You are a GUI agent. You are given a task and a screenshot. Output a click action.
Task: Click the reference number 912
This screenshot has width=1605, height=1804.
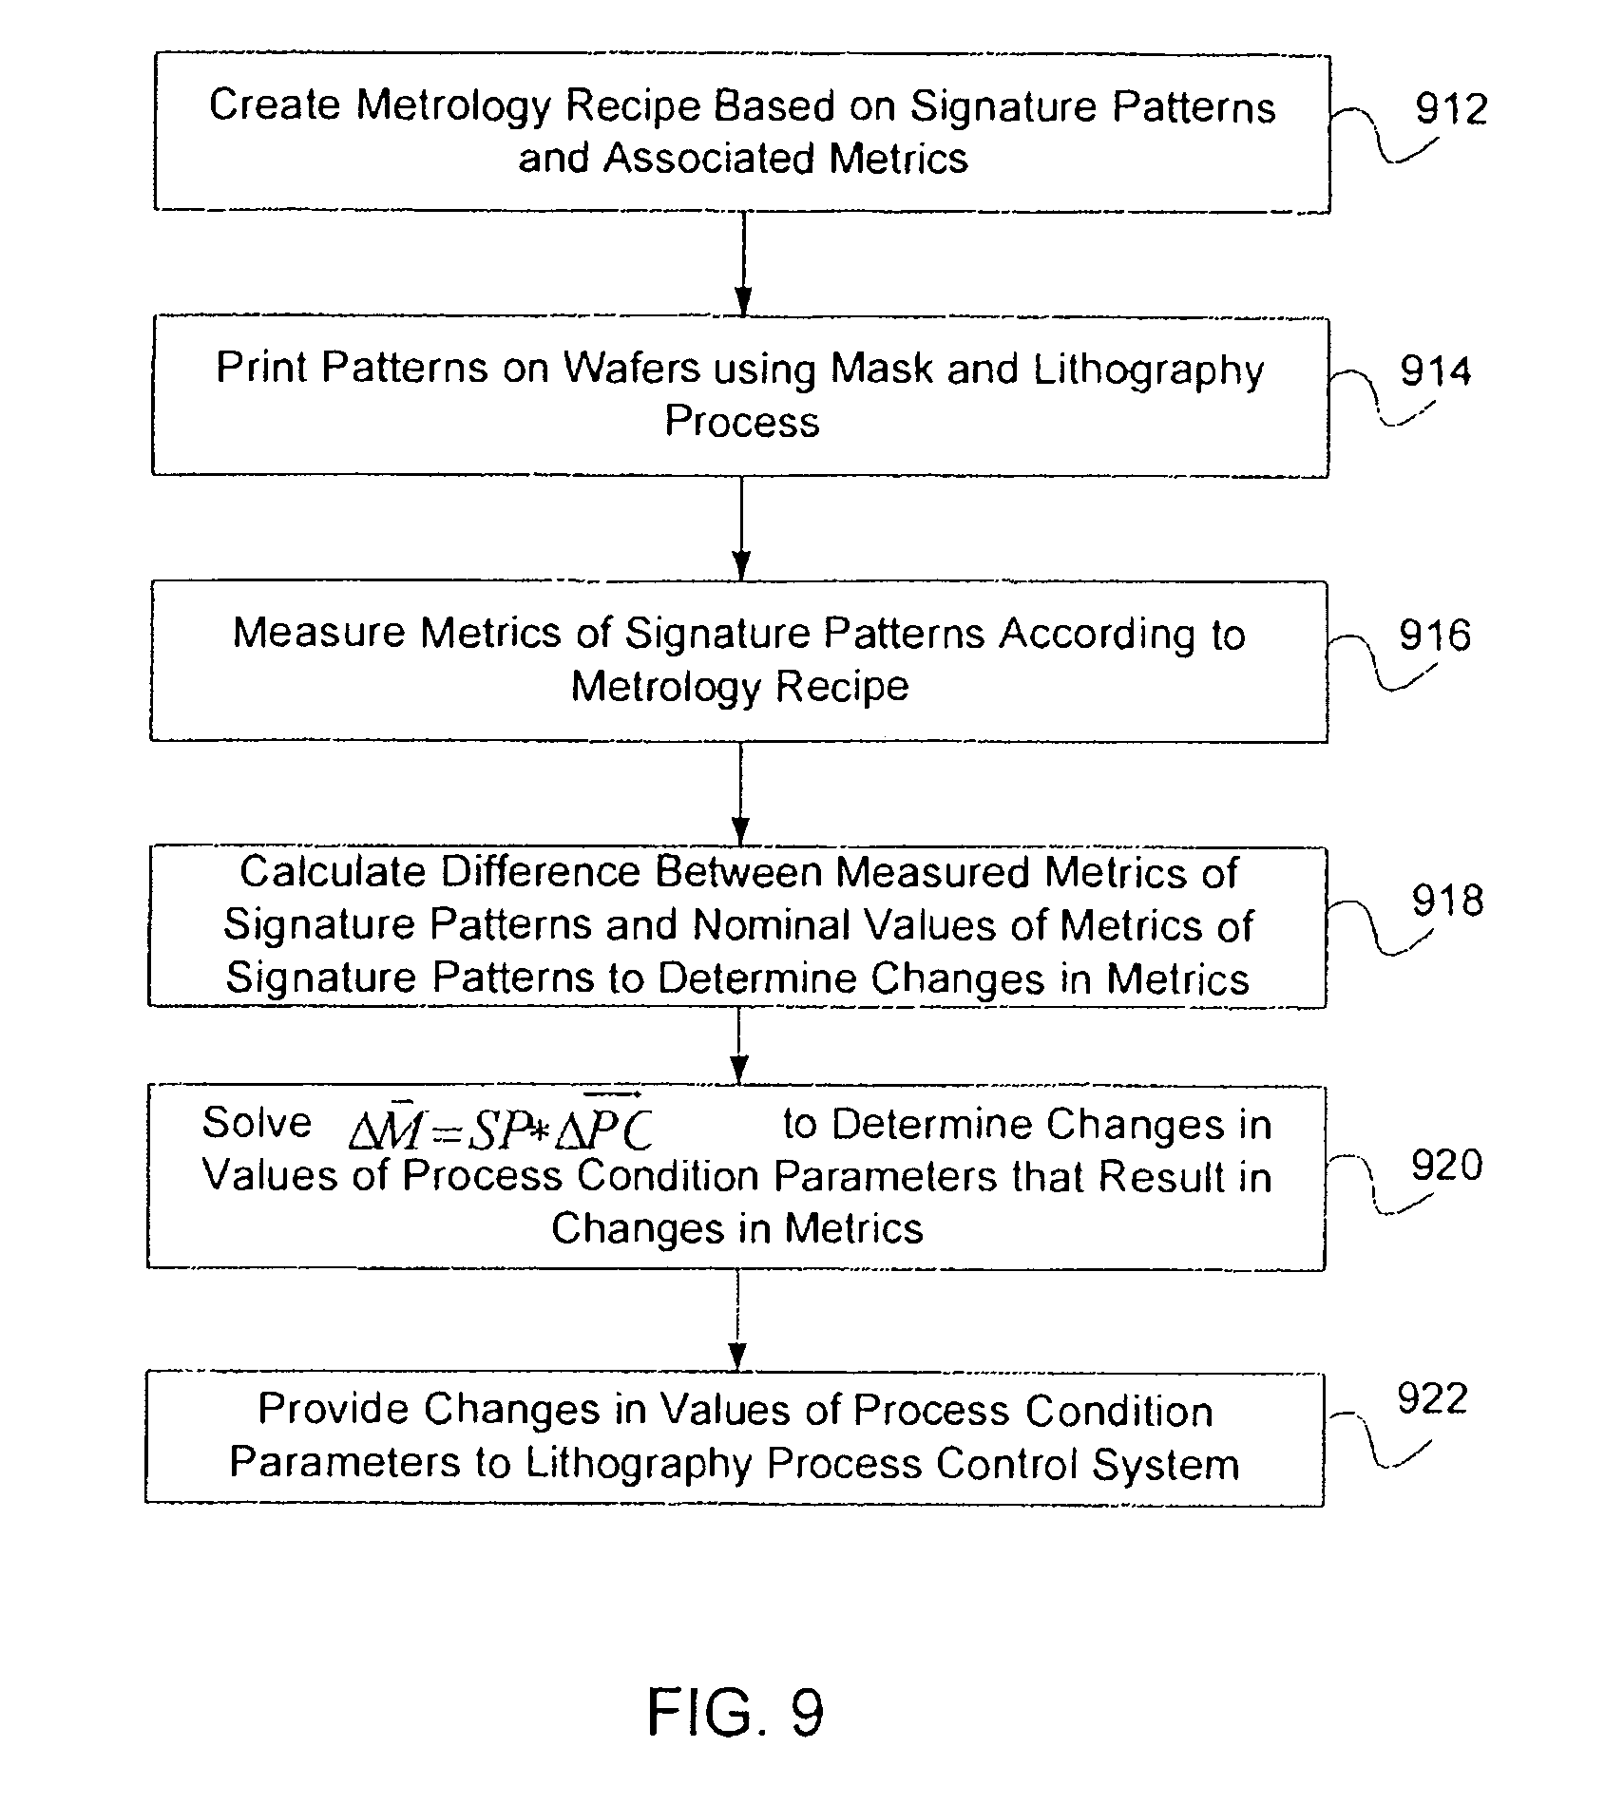click(1450, 110)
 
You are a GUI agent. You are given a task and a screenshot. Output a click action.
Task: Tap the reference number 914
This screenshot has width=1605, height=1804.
click(1435, 371)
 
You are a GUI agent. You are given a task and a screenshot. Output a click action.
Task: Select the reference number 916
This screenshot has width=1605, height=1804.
click(1434, 636)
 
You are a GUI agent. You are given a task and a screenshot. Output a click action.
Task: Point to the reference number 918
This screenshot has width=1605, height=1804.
click(1447, 901)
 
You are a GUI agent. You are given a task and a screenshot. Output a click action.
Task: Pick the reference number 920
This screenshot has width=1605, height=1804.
click(1446, 1165)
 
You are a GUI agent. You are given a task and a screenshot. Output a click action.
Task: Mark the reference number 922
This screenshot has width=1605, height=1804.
click(1432, 1399)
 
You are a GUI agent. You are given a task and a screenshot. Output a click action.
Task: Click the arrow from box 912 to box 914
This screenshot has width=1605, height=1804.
click(743, 263)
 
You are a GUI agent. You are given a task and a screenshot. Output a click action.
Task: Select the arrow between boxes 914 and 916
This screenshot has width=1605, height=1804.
click(741, 528)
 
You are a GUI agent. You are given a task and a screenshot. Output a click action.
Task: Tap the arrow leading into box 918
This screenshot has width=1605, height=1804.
click(740, 794)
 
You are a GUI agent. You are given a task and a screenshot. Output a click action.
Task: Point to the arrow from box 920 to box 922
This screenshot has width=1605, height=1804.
click(737, 1320)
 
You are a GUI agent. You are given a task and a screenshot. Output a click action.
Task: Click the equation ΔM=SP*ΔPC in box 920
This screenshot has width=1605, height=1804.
click(501, 1128)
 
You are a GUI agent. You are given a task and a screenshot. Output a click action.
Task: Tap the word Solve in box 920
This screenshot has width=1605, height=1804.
click(257, 1123)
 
